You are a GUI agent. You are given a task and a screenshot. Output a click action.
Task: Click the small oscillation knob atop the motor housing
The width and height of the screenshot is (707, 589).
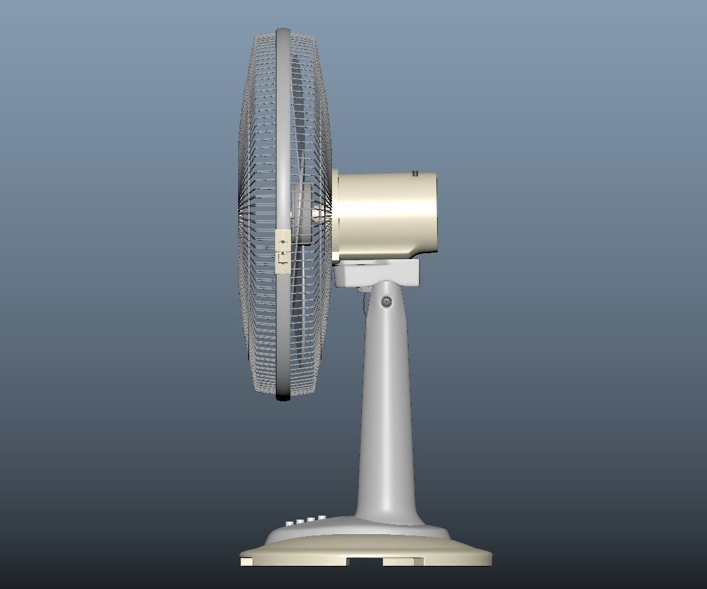pyautogui.click(x=415, y=173)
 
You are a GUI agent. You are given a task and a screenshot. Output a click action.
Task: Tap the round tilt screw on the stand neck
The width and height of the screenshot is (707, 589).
pyautogui.click(x=386, y=302)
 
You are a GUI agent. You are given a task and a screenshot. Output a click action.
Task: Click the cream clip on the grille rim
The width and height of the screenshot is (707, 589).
pyautogui.click(x=283, y=251)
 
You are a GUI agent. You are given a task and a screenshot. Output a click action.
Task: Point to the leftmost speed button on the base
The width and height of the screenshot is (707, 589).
pyautogui.click(x=289, y=524)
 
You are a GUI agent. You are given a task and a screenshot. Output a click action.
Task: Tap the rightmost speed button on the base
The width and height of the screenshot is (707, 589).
pyautogui.click(x=321, y=518)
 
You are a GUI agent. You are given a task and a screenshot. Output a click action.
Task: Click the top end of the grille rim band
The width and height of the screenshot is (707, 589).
pyautogui.click(x=283, y=31)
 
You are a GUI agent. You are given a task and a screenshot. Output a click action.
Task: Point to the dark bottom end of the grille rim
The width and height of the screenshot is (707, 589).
pyautogui.click(x=283, y=396)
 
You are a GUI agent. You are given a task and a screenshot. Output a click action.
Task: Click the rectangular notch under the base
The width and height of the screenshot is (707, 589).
pyautogui.click(x=365, y=561)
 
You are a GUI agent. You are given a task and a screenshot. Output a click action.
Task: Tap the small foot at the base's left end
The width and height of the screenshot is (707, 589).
pyautogui.click(x=246, y=561)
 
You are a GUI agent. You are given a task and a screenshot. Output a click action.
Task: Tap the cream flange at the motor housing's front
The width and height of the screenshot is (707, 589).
pyautogui.click(x=335, y=215)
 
